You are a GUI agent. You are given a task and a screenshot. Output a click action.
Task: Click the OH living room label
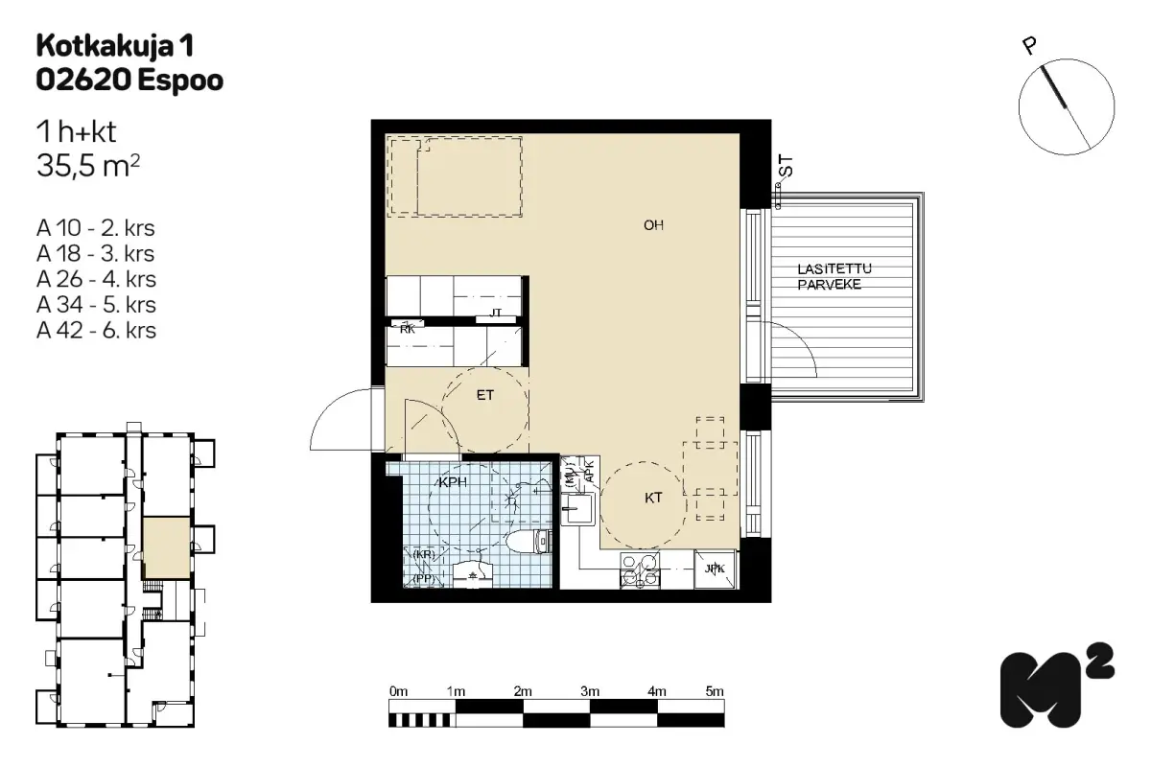[653, 225]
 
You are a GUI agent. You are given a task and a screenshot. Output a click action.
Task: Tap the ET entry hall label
[485, 395]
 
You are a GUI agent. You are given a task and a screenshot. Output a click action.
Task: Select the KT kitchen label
[653, 498]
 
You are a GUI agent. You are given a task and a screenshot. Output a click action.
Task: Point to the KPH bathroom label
[453, 482]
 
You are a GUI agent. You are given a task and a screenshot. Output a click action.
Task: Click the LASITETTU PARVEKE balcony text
[834, 276]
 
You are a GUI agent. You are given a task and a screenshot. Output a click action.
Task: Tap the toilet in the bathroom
[529, 541]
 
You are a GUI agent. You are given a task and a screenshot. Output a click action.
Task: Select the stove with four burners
[640, 570]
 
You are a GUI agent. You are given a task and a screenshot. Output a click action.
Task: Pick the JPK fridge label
[715, 569]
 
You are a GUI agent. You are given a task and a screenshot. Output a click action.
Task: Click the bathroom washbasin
[473, 574]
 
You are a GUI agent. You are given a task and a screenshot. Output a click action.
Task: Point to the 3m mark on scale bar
[590, 691]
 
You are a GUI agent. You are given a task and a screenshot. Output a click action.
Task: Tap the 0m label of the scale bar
[398, 691]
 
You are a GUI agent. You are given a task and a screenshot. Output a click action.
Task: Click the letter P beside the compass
[1028, 47]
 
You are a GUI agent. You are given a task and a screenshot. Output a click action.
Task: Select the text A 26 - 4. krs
[96, 279]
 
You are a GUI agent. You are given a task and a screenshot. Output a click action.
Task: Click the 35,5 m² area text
[88, 166]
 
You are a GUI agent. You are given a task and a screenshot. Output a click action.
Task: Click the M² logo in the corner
[1057, 685]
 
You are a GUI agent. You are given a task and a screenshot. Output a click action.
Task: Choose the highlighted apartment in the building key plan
[167, 547]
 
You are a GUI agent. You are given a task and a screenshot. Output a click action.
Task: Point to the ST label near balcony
[786, 166]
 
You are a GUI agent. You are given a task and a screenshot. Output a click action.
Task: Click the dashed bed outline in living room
[455, 176]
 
